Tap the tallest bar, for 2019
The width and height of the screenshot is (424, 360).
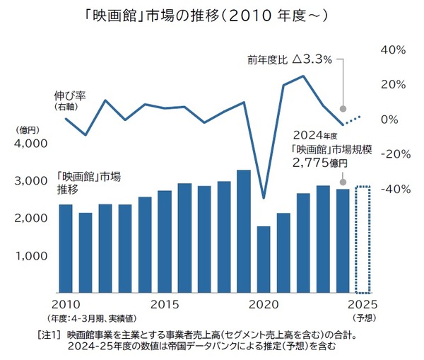click(243, 231)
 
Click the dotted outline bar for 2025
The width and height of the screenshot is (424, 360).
click(363, 240)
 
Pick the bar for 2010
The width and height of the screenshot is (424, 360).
click(65, 248)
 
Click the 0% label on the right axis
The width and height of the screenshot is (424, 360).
click(394, 120)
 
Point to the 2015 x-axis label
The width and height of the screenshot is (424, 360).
click(165, 305)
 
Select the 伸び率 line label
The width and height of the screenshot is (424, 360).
click(70, 94)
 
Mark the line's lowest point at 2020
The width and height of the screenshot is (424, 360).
click(263, 198)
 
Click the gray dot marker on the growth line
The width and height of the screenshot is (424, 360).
click(343, 110)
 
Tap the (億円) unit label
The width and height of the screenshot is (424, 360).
click(29, 129)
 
